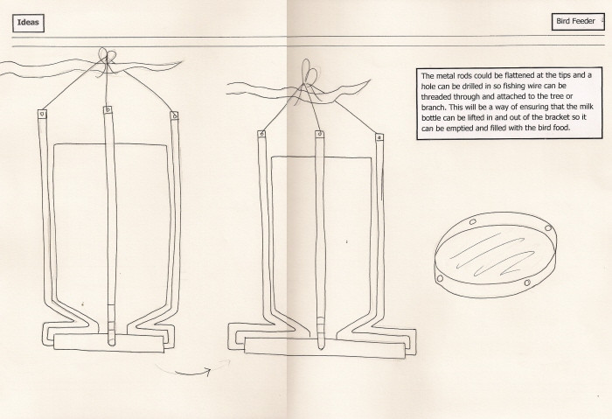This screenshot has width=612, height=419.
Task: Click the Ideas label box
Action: (28, 23)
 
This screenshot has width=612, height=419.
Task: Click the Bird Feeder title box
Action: (577, 22)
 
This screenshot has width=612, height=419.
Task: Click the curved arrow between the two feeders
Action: (191, 370)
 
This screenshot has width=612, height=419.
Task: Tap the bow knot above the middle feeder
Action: (310, 73)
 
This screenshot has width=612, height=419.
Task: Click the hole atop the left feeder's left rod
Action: (42, 115)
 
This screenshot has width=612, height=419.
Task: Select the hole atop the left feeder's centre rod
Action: (108, 109)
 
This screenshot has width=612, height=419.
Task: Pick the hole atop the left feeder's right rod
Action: (175, 115)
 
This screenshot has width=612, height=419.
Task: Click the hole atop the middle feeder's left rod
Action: (262, 135)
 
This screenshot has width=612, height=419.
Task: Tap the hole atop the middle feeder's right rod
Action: (379, 137)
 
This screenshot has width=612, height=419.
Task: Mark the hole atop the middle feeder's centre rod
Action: (320, 134)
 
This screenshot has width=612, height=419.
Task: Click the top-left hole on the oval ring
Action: (473, 222)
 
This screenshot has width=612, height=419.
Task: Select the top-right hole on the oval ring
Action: (548, 227)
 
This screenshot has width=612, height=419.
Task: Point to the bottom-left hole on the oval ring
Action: (441, 278)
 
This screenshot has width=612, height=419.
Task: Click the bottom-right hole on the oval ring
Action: (527, 283)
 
